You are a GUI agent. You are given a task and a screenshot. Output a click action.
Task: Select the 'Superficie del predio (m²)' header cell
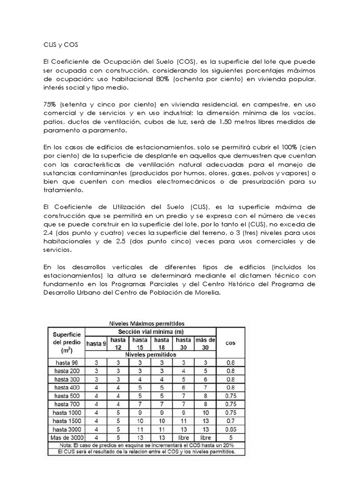(x=67, y=341)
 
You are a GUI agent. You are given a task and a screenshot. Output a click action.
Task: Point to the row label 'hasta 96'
(x=67, y=362)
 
